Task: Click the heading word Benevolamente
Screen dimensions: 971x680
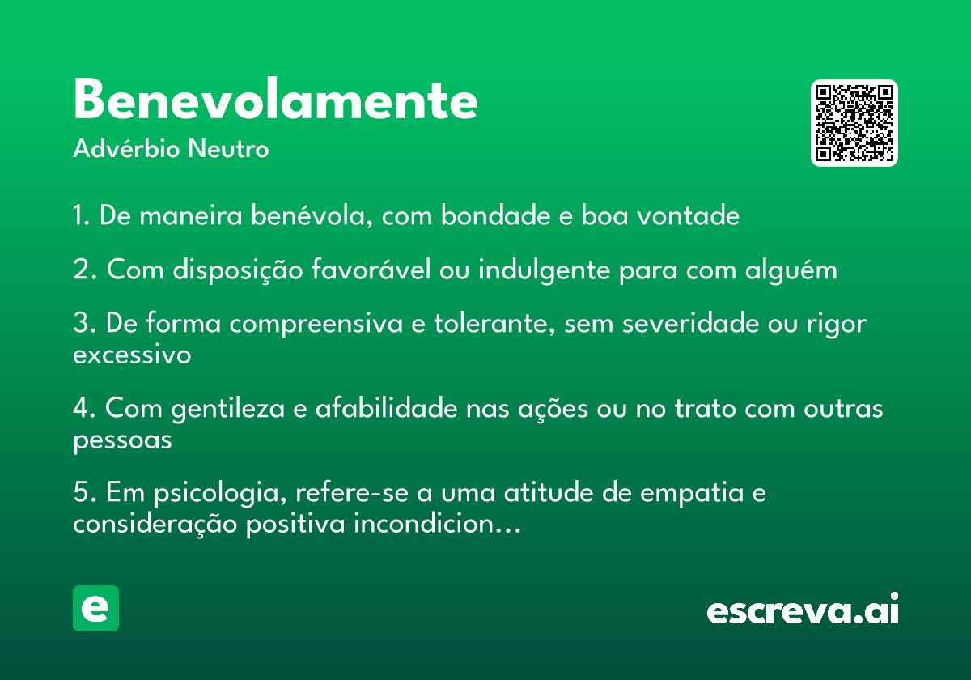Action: coord(276,99)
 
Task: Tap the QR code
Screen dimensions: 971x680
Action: coord(854,123)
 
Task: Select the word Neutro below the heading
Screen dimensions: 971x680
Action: coord(228,149)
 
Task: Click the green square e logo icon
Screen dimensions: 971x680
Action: coord(95,608)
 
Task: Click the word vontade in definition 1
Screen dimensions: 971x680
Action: coord(688,215)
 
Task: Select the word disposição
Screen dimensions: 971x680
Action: coord(238,270)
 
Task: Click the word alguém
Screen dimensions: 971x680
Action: coord(791,270)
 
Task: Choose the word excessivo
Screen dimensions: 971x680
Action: coord(132,355)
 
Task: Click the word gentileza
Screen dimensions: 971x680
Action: coord(227,409)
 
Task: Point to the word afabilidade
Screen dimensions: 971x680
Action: coord(386,408)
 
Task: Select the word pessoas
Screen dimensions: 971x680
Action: coord(123,441)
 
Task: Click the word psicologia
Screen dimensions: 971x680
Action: coord(220,494)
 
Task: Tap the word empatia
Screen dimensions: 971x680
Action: coord(692,494)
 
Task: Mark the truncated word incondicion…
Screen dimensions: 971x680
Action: coord(438,524)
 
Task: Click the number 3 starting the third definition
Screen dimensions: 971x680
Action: coord(82,324)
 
